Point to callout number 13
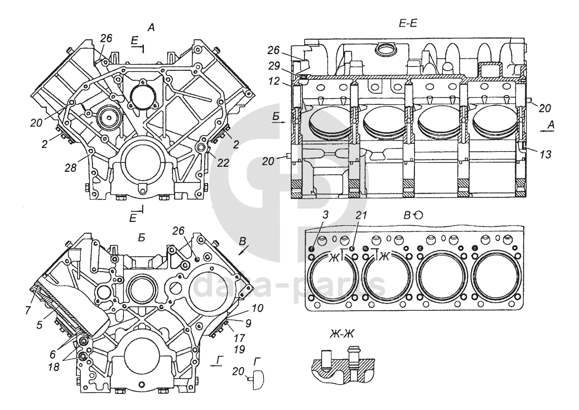(x=545, y=155)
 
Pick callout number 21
(x=361, y=215)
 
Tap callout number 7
(x=28, y=310)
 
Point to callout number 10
(x=258, y=308)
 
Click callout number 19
(x=240, y=348)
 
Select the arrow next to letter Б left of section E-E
(x=279, y=122)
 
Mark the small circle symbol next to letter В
(x=418, y=215)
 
